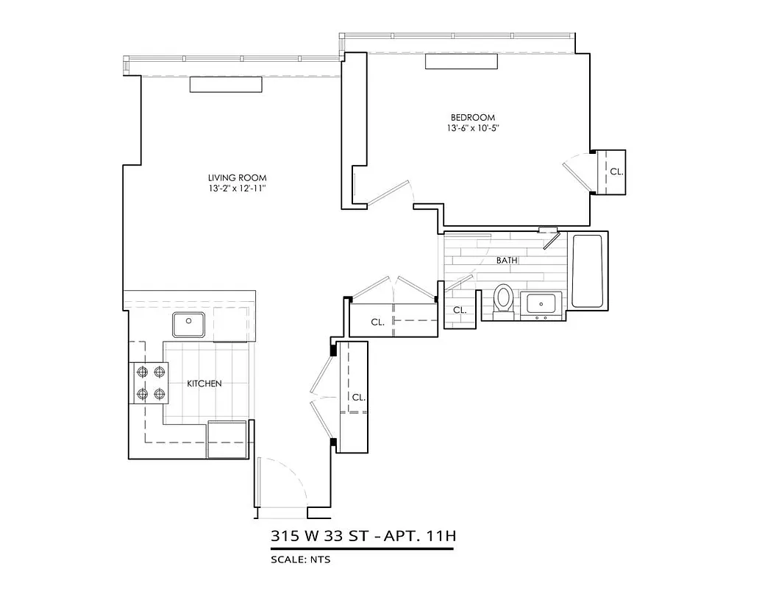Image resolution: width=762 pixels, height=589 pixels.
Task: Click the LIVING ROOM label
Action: [x=237, y=177]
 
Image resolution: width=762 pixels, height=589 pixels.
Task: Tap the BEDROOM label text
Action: [x=472, y=117]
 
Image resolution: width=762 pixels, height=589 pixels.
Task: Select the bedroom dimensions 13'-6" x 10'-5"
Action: [x=472, y=128]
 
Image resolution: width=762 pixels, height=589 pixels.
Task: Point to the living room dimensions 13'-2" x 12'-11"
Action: [x=237, y=189]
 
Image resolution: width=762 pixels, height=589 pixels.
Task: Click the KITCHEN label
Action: [x=204, y=384]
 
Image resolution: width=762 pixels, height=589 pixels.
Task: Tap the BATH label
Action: [x=507, y=261]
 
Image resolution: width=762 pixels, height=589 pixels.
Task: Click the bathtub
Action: [x=588, y=271]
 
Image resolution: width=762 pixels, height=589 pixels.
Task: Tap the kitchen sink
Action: [x=189, y=323]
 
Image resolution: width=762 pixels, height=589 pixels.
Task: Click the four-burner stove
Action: [x=149, y=384]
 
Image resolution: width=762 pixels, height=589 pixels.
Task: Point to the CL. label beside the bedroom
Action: [x=616, y=172]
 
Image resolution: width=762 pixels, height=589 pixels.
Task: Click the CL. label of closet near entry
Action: [x=358, y=397]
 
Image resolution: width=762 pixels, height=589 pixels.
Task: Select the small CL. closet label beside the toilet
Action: [x=460, y=310]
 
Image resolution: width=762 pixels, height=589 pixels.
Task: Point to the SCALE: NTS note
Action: [x=301, y=560]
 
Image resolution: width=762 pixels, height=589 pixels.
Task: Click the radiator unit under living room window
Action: [x=226, y=85]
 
